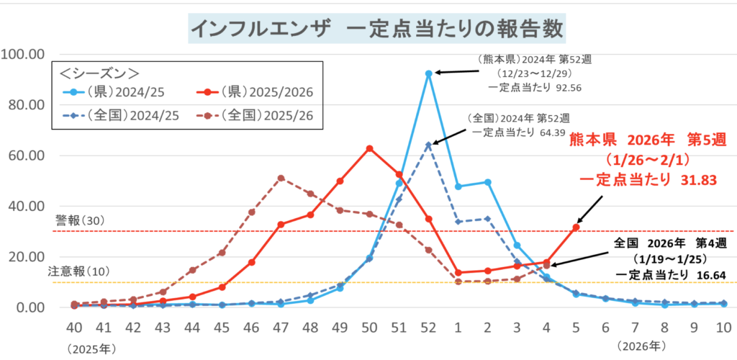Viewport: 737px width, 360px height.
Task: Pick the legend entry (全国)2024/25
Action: (x=118, y=115)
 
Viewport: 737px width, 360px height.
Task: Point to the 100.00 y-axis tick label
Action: (x=24, y=55)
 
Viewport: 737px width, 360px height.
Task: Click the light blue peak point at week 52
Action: (x=428, y=73)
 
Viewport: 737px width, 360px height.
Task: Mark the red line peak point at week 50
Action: (x=369, y=148)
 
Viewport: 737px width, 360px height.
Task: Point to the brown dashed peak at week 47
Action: (x=281, y=178)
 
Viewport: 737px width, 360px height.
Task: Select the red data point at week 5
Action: (x=576, y=227)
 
